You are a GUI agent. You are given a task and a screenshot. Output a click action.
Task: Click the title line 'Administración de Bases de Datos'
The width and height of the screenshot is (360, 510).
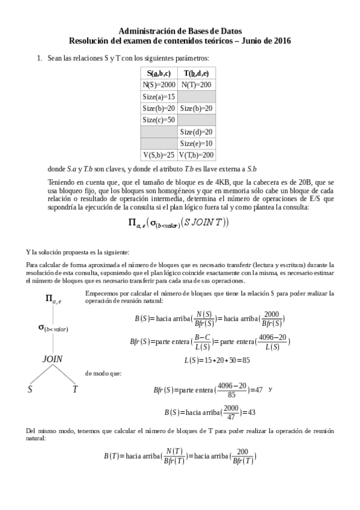pos(180,31)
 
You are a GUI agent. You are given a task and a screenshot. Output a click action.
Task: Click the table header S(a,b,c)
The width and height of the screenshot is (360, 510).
pos(159,73)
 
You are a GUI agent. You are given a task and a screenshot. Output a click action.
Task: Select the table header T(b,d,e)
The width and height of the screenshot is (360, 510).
pos(197,73)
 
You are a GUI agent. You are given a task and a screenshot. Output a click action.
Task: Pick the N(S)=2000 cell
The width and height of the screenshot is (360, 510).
pos(159,85)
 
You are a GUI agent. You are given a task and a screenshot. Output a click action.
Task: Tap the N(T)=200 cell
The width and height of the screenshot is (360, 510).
pos(197,85)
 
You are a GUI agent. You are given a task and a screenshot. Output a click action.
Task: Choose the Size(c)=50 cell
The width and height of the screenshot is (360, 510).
pos(159,120)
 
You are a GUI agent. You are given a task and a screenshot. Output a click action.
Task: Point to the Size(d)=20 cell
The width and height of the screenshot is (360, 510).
pos(197,132)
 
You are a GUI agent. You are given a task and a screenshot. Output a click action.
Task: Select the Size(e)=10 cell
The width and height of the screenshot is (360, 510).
pos(197,143)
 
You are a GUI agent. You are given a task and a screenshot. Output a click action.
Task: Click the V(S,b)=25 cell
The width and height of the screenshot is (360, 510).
pos(159,155)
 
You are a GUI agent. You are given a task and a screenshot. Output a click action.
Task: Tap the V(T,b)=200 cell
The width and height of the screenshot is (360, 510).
pos(197,155)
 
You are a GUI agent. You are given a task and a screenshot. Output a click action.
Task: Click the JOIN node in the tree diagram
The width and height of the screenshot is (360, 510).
pos(52,358)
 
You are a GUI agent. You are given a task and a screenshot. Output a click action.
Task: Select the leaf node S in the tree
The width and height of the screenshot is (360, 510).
pos(29,389)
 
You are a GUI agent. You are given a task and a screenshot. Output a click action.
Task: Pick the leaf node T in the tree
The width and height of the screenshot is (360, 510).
pos(75,389)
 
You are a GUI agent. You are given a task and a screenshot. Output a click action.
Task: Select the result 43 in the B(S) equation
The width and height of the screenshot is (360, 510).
pos(252,412)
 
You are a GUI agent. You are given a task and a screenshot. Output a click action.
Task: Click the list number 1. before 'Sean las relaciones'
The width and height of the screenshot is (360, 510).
pos(40,58)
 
